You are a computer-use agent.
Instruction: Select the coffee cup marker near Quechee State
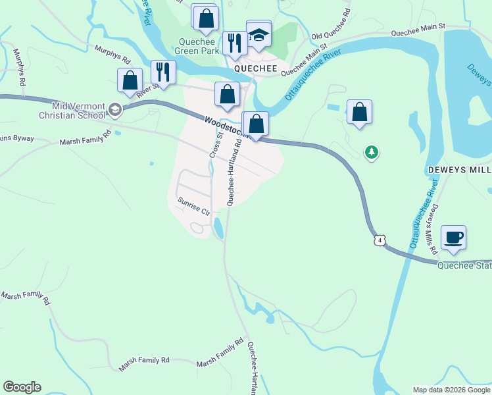pyautogui.click(x=453, y=237)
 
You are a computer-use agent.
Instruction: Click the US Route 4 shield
pyautogui.click(x=380, y=240)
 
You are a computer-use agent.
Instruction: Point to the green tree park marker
pyautogui.click(x=372, y=153)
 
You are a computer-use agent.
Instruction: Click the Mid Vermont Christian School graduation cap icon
pyautogui.click(x=115, y=110)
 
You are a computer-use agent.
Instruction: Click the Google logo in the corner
pyautogui.click(x=22, y=387)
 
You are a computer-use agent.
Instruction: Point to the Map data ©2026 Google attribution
pyautogui.click(x=451, y=390)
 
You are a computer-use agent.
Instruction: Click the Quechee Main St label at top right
pyautogui.click(x=418, y=31)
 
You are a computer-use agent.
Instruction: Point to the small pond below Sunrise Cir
pyautogui.click(x=218, y=228)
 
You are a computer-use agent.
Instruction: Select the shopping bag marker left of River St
pyautogui.click(x=130, y=80)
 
